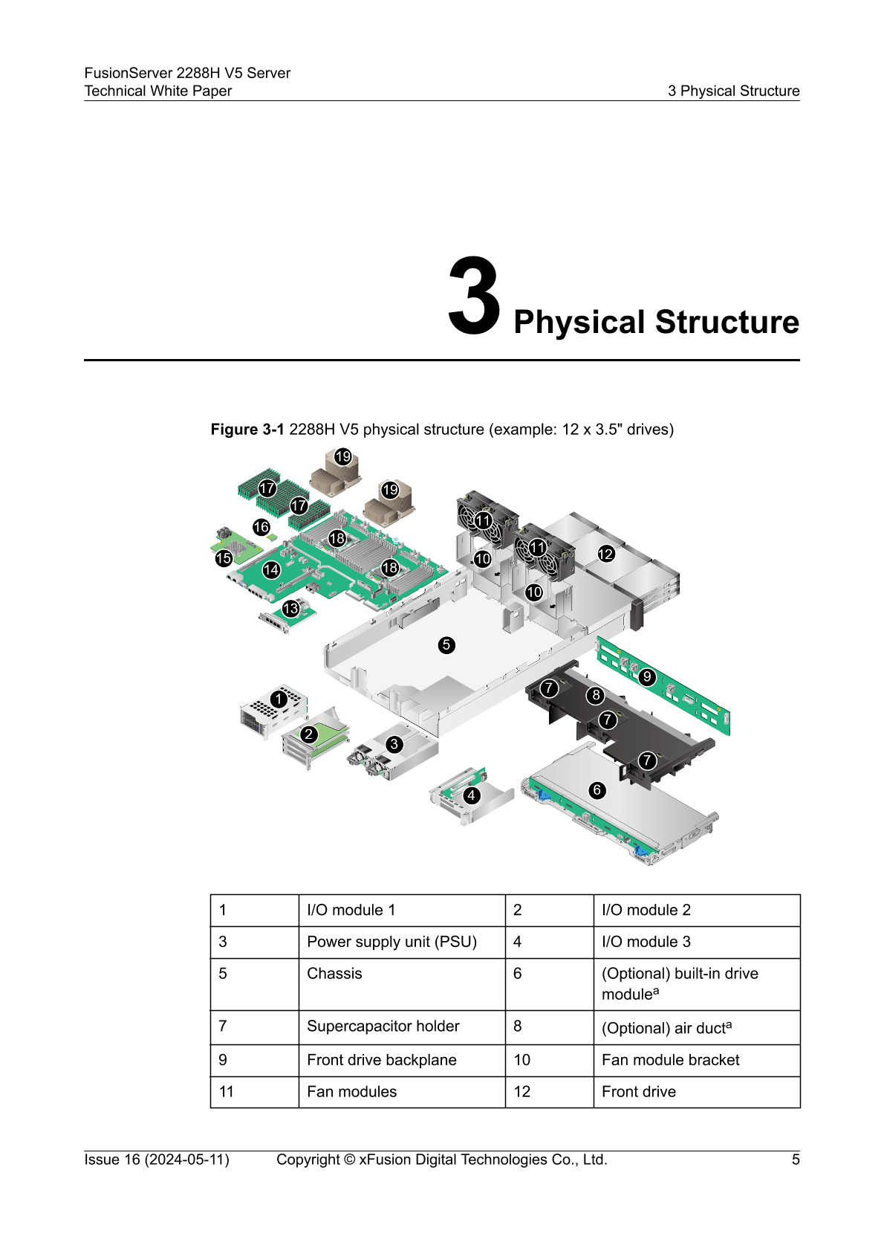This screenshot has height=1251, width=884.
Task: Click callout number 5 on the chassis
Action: [446, 644]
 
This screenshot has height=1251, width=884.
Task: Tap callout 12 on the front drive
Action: [606, 554]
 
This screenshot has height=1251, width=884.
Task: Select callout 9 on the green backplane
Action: [647, 676]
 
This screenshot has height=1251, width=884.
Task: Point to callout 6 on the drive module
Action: [597, 790]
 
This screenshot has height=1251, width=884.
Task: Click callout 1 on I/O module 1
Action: [279, 699]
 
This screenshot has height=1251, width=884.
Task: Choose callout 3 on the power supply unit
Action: [394, 744]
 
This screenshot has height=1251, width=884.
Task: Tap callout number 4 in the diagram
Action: [471, 795]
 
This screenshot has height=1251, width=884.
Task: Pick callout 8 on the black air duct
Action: [596, 696]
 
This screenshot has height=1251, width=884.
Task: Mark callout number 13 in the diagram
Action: [290, 609]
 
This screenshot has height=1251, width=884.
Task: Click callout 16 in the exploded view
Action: [261, 527]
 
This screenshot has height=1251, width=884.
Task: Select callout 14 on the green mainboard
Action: [271, 570]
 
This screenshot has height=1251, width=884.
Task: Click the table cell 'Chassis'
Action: [334, 974]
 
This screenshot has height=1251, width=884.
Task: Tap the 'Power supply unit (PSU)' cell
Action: [391, 942]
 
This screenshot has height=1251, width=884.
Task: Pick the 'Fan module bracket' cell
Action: [670, 1060]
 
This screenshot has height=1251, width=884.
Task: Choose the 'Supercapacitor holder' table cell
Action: [383, 1027]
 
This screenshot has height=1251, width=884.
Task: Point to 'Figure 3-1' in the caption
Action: [247, 430]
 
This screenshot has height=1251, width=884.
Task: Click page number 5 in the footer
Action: [796, 1160]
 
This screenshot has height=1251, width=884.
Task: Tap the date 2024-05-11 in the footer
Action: [186, 1160]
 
